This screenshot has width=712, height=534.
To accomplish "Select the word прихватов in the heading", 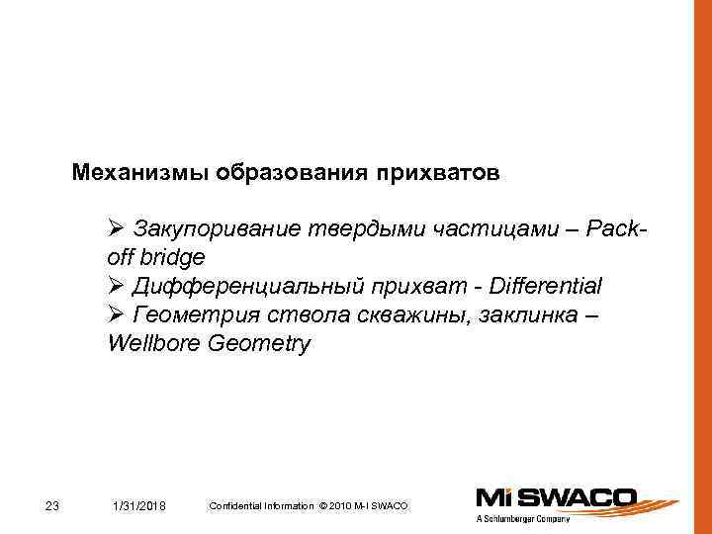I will [x=437, y=173].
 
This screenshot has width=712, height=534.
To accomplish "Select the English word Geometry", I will [x=258, y=344].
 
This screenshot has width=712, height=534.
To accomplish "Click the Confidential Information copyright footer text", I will [x=308, y=506].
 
